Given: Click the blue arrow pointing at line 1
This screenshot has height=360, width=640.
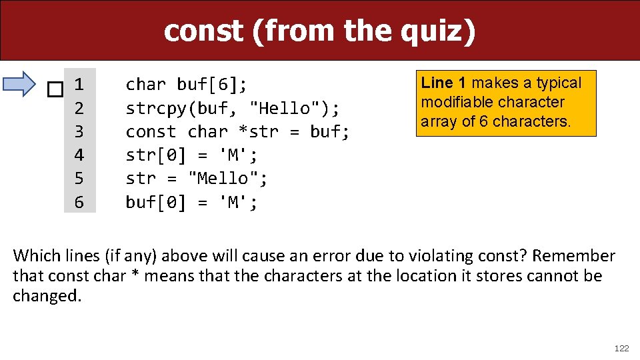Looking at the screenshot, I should click(x=20, y=84).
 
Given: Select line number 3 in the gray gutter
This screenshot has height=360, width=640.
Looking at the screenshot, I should click(x=79, y=131).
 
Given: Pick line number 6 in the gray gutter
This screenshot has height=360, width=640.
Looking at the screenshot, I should click(x=79, y=202).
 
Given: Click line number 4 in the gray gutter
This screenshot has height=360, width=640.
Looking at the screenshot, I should click(x=79, y=155).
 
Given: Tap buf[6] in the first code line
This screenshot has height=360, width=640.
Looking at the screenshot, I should click(x=211, y=85).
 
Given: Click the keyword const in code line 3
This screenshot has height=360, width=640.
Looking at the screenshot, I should click(x=151, y=131).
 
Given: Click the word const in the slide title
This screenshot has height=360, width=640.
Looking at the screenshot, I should click(x=203, y=31).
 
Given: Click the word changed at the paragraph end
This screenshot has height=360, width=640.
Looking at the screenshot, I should click(x=47, y=296).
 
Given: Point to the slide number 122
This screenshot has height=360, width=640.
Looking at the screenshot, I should click(x=621, y=348).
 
